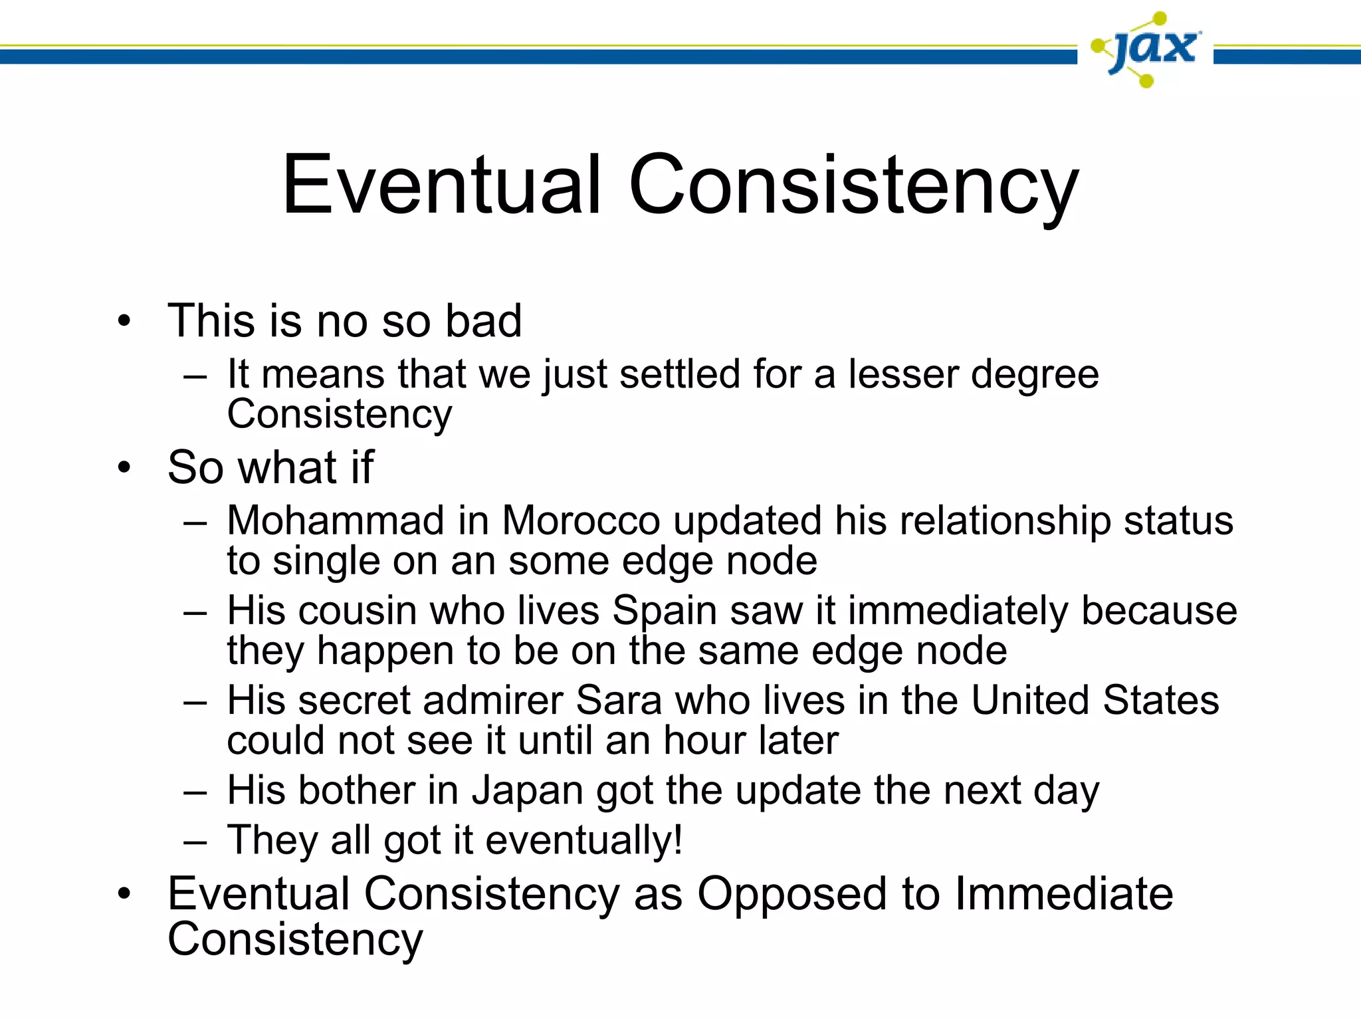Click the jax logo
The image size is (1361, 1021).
coord(1146,50)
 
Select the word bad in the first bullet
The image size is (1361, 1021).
coord(483,321)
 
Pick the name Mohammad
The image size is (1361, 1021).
coord(336,520)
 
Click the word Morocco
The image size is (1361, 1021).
coord(581,520)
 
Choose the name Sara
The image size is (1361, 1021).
coord(619,701)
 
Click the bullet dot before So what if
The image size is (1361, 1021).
coord(124,468)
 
